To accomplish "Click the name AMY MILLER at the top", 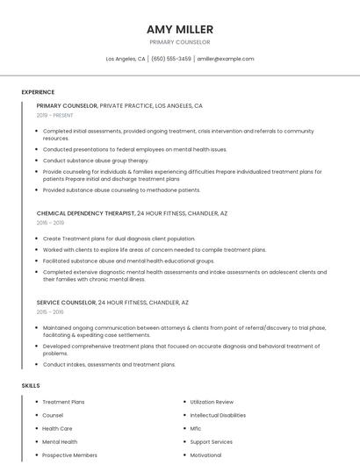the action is click(180, 29).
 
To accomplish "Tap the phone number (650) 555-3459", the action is click(171, 59).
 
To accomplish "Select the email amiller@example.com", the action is click(226, 59).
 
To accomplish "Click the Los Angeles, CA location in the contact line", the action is click(126, 59).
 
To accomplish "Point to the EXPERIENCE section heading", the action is click(38, 92).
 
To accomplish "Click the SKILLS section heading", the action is click(30, 385).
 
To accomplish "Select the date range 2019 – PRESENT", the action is click(54, 115).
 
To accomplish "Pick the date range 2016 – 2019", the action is click(50, 223).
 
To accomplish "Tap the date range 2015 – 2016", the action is click(50, 311).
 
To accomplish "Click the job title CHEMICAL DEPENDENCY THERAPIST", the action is click(85, 213).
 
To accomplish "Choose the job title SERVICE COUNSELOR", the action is click(66, 302).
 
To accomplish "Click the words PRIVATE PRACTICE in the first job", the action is click(126, 105).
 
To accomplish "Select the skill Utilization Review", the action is click(212, 402).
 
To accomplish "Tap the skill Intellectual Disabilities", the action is click(218, 415).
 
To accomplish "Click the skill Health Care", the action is click(59, 429).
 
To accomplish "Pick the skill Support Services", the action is click(211, 442).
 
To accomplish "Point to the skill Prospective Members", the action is click(69, 455).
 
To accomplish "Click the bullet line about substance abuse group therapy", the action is click(97, 161).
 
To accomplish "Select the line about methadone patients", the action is click(121, 190).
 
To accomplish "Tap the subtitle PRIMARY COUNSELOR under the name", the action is click(180, 42).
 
